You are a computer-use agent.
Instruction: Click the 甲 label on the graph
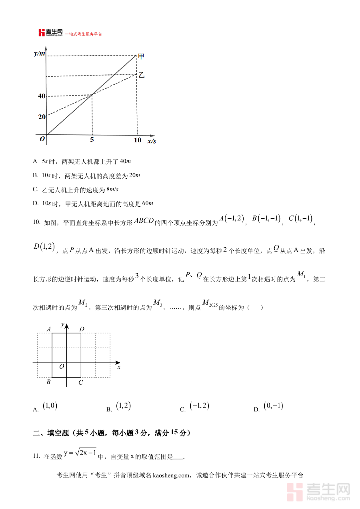tap(140, 56)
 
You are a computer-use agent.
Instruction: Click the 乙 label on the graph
tap(141, 75)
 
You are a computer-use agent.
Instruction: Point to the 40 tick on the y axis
tap(42, 96)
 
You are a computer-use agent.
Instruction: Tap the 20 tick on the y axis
tap(42, 117)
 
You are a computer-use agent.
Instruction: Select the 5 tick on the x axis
tap(92, 140)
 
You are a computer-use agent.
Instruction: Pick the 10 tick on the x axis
tap(137, 140)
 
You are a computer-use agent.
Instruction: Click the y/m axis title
tap(40, 53)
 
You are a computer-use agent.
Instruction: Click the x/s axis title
tap(152, 141)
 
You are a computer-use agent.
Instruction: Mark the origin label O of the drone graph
tap(42, 139)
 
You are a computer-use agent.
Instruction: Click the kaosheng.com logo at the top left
tap(50, 33)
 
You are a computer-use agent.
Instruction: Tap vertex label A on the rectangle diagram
tap(49, 329)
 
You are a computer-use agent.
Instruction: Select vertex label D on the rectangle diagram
tap(82, 329)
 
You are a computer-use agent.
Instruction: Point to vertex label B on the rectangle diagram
tap(48, 382)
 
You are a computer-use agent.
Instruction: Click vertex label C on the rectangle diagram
tap(80, 382)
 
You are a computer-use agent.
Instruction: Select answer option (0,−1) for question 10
tap(273, 406)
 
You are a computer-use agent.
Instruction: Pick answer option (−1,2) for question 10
tap(199, 406)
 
